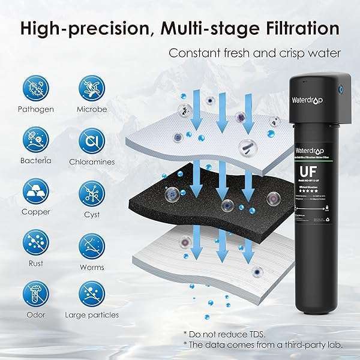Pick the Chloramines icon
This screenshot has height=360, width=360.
click(x=92, y=140)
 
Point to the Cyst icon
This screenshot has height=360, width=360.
click(x=92, y=192)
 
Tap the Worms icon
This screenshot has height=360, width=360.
click(x=92, y=244)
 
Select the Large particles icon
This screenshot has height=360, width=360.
click(x=92, y=295)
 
